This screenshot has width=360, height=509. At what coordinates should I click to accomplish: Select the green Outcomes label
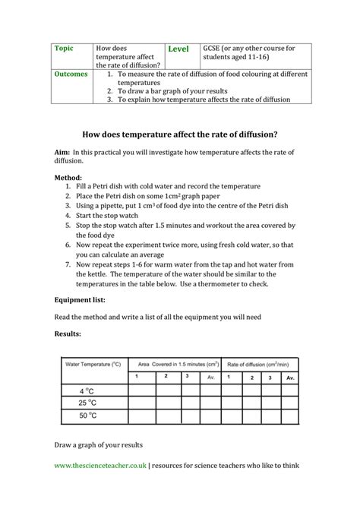point(72,75)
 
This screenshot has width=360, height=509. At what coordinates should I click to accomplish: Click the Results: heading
point(68,333)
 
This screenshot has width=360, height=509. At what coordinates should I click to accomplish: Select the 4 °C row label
point(87,390)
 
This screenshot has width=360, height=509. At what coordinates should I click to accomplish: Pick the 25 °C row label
point(88,403)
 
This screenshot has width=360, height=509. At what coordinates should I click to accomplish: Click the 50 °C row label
point(88,416)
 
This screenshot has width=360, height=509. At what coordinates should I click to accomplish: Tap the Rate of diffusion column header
point(254,365)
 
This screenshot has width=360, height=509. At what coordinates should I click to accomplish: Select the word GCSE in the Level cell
point(212,48)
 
